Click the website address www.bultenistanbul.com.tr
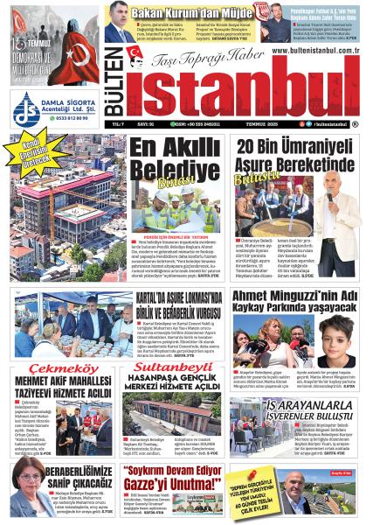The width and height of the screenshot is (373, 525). point(314,52)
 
